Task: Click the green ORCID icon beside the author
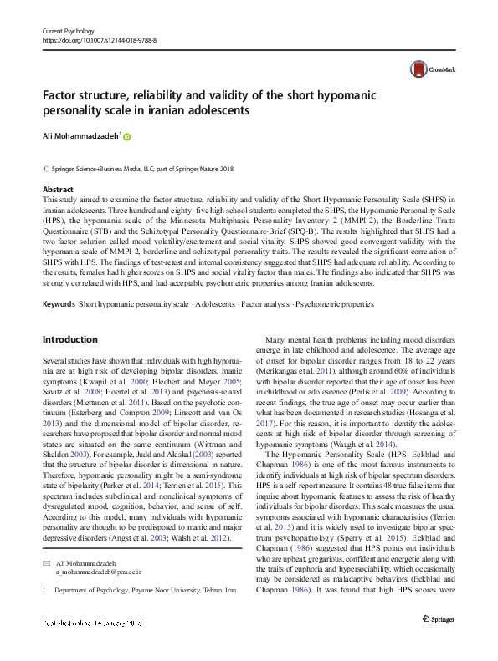pyautogui.click(x=128, y=135)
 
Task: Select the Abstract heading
pyautogui.click(x=58, y=190)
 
